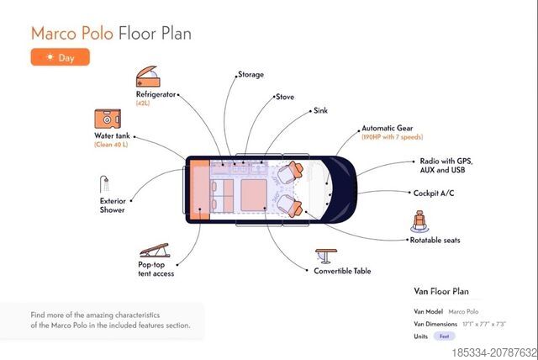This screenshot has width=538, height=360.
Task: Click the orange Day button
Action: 60,57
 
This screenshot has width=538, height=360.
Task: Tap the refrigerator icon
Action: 148,77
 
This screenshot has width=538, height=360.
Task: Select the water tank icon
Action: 107,119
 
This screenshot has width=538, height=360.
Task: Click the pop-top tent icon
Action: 154,251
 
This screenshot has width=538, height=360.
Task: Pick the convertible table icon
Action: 324,255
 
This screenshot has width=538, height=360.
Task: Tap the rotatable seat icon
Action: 418,222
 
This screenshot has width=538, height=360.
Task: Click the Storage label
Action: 251,75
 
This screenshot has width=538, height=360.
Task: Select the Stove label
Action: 284,97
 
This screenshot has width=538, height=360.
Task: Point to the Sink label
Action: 320,110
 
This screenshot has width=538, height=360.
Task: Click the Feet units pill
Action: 445,336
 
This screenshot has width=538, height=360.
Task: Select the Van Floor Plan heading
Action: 441,292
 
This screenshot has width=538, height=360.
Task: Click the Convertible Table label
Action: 342,271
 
